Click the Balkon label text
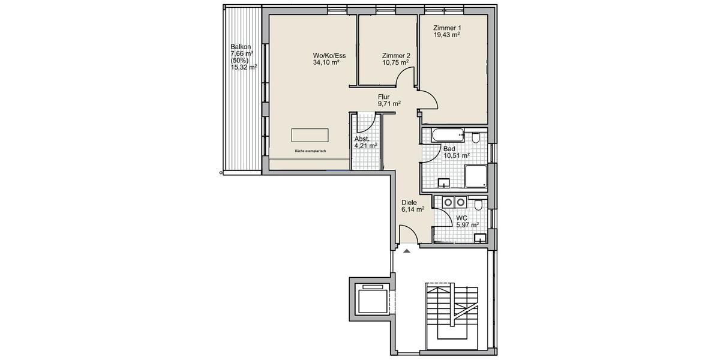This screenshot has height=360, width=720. pos(241,47)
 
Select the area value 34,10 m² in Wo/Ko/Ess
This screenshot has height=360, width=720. pos(326,62)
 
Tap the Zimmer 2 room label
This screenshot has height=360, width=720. pos(395,55)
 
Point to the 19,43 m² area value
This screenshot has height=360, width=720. pos(446,35)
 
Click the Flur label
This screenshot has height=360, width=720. pos(384,97)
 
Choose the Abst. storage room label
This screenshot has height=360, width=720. pos(362,139)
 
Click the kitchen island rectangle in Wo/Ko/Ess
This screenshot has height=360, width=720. pos(310,134)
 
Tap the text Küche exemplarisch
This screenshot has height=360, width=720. pos(310,151)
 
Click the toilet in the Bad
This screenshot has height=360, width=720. pos(475,139)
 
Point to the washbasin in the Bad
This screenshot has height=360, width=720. pos(444,182)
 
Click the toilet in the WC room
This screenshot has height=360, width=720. pos(478,206)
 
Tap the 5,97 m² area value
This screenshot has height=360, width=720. pos(467,225)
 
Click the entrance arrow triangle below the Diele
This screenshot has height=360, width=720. pos(407,250)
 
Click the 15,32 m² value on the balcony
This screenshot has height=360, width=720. pos(244,67)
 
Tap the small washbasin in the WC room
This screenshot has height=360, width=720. pos(479,238)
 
